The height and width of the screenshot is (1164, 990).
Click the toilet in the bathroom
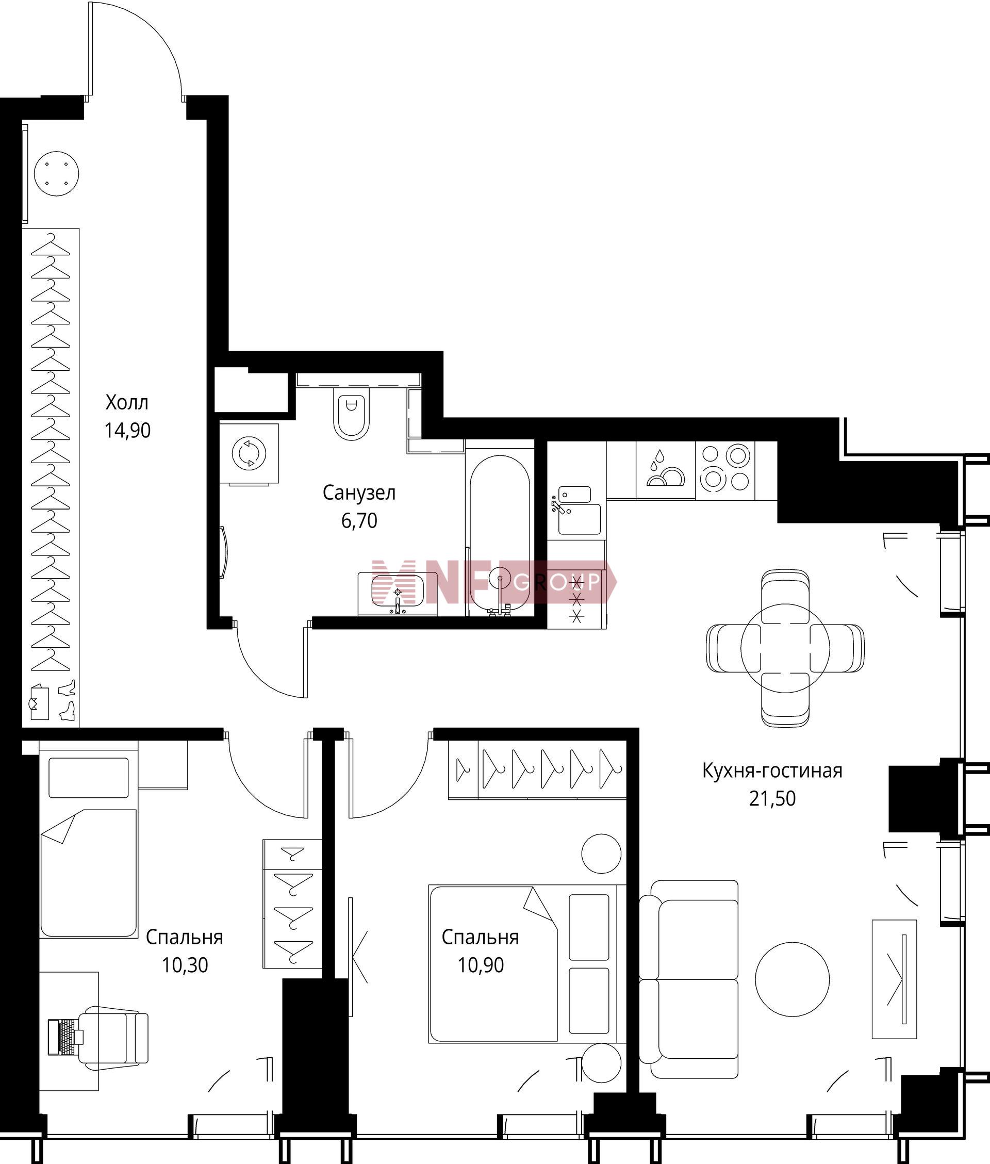(x=351, y=414)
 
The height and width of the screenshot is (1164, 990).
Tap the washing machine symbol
(x=249, y=453)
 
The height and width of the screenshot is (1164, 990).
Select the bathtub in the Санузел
(x=499, y=532)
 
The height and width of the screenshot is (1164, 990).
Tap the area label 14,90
(x=127, y=431)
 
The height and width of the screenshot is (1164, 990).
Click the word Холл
(x=127, y=402)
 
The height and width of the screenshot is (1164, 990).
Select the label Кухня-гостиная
(x=772, y=771)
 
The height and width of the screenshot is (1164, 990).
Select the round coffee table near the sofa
(x=793, y=979)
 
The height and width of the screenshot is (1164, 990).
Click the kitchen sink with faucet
(x=575, y=510)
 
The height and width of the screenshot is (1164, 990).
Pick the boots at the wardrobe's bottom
(x=68, y=700)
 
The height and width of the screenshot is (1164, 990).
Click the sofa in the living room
(x=689, y=979)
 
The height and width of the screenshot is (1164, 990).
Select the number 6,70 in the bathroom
(x=359, y=521)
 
